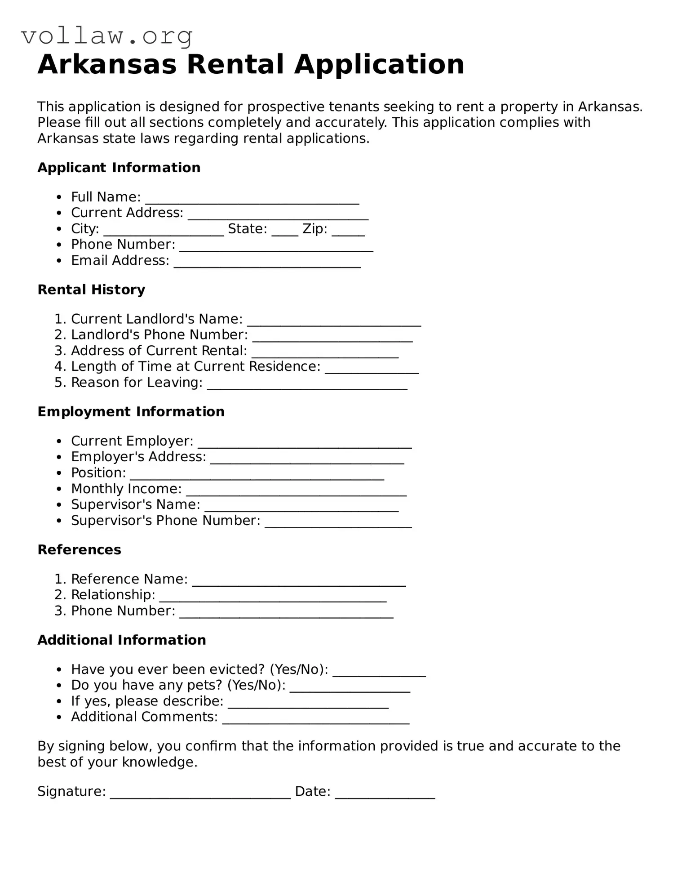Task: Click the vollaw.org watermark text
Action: pos(107,36)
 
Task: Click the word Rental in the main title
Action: pos(235,64)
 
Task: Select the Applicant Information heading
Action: pos(119,168)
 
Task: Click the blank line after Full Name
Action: pos(252,199)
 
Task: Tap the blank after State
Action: pos(285,231)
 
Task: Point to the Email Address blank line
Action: pos(267,263)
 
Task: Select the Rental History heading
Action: pos(91,290)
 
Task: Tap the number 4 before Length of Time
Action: pos(59,366)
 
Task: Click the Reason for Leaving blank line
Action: pos(307,384)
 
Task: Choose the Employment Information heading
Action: pos(131,412)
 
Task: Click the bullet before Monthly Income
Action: pos(59,490)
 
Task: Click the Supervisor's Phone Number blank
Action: pos(338,522)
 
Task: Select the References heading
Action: pos(79,550)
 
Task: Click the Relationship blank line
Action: pos(273,597)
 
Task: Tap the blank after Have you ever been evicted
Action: pos(379,671)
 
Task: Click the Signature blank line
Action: pos(200,793)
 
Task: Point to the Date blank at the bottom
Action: pos(385,793)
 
